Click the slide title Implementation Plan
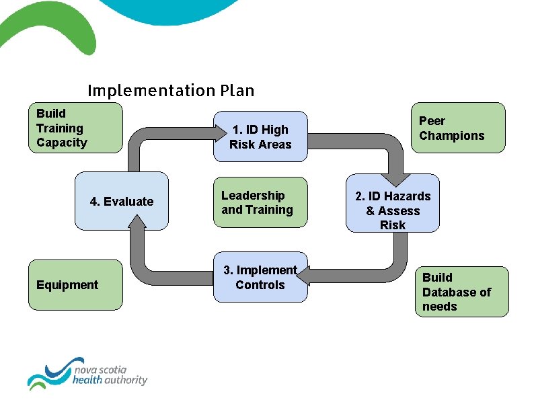(171, 90)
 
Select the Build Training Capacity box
(75, 127)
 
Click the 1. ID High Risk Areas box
(260, 136)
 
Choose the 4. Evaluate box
(121, 201)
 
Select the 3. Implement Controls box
(260, 277)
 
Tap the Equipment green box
(75, 285)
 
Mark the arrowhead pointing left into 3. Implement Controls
(305, 275)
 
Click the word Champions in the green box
(451, 136)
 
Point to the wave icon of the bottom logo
(48, 374)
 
